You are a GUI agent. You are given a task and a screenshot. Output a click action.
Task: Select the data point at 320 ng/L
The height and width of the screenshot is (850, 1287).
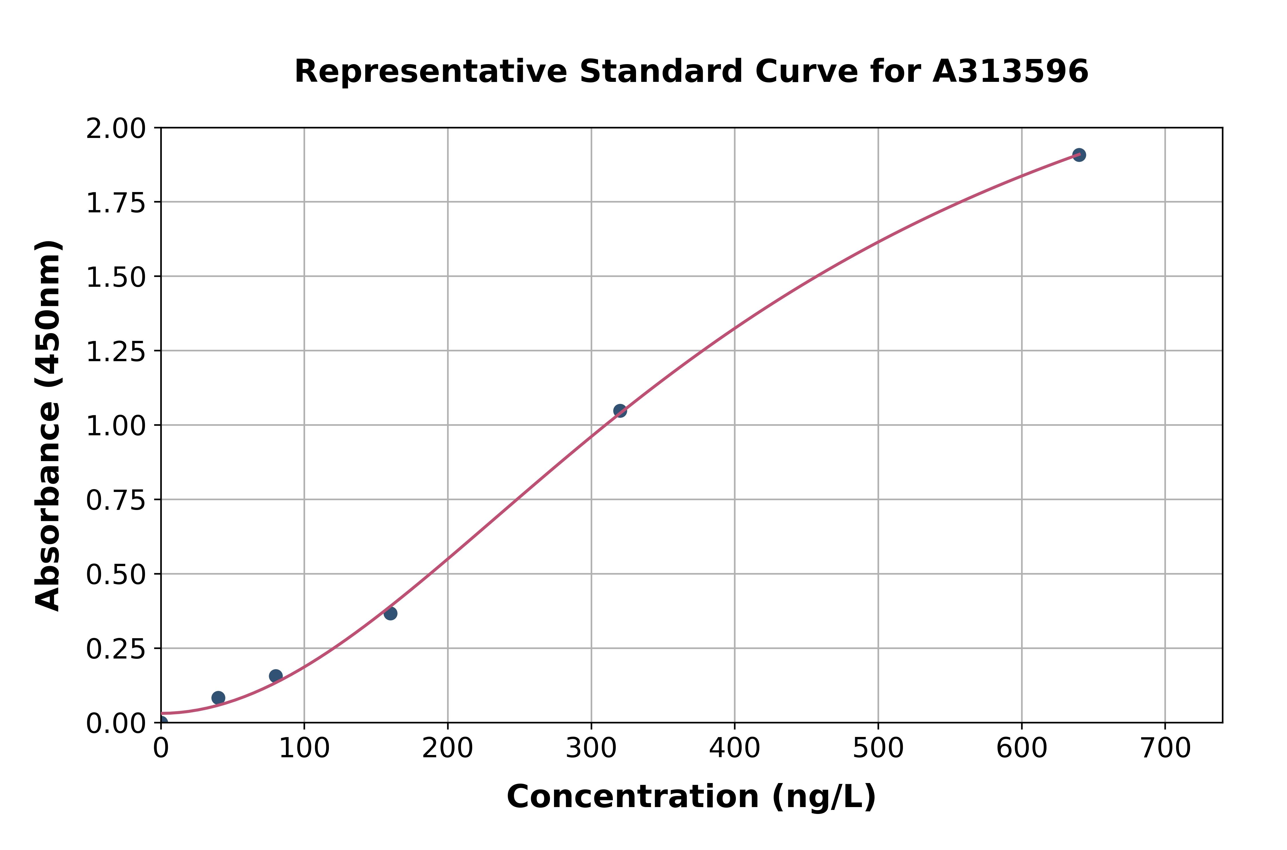[x=620, y=411]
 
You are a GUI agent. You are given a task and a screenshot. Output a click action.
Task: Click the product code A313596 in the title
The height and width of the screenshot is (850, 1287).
[x=1010, y=72]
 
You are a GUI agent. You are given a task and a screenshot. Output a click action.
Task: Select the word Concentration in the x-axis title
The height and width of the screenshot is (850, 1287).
[x=633, y=797]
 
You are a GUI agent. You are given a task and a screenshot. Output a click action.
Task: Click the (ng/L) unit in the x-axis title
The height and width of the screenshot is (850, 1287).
[x=823, y=797]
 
